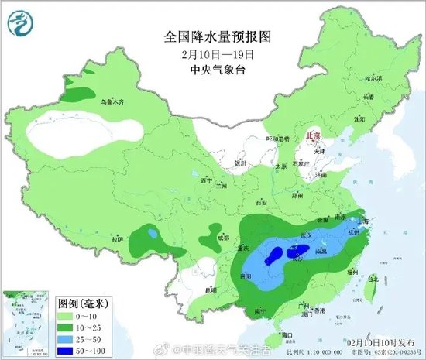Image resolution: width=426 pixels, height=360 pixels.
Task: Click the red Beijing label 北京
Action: [x=314, y=135]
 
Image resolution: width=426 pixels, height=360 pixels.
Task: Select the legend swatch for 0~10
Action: [x=68, y=316]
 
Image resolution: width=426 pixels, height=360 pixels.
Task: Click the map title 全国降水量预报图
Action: [x=211, y=36]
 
